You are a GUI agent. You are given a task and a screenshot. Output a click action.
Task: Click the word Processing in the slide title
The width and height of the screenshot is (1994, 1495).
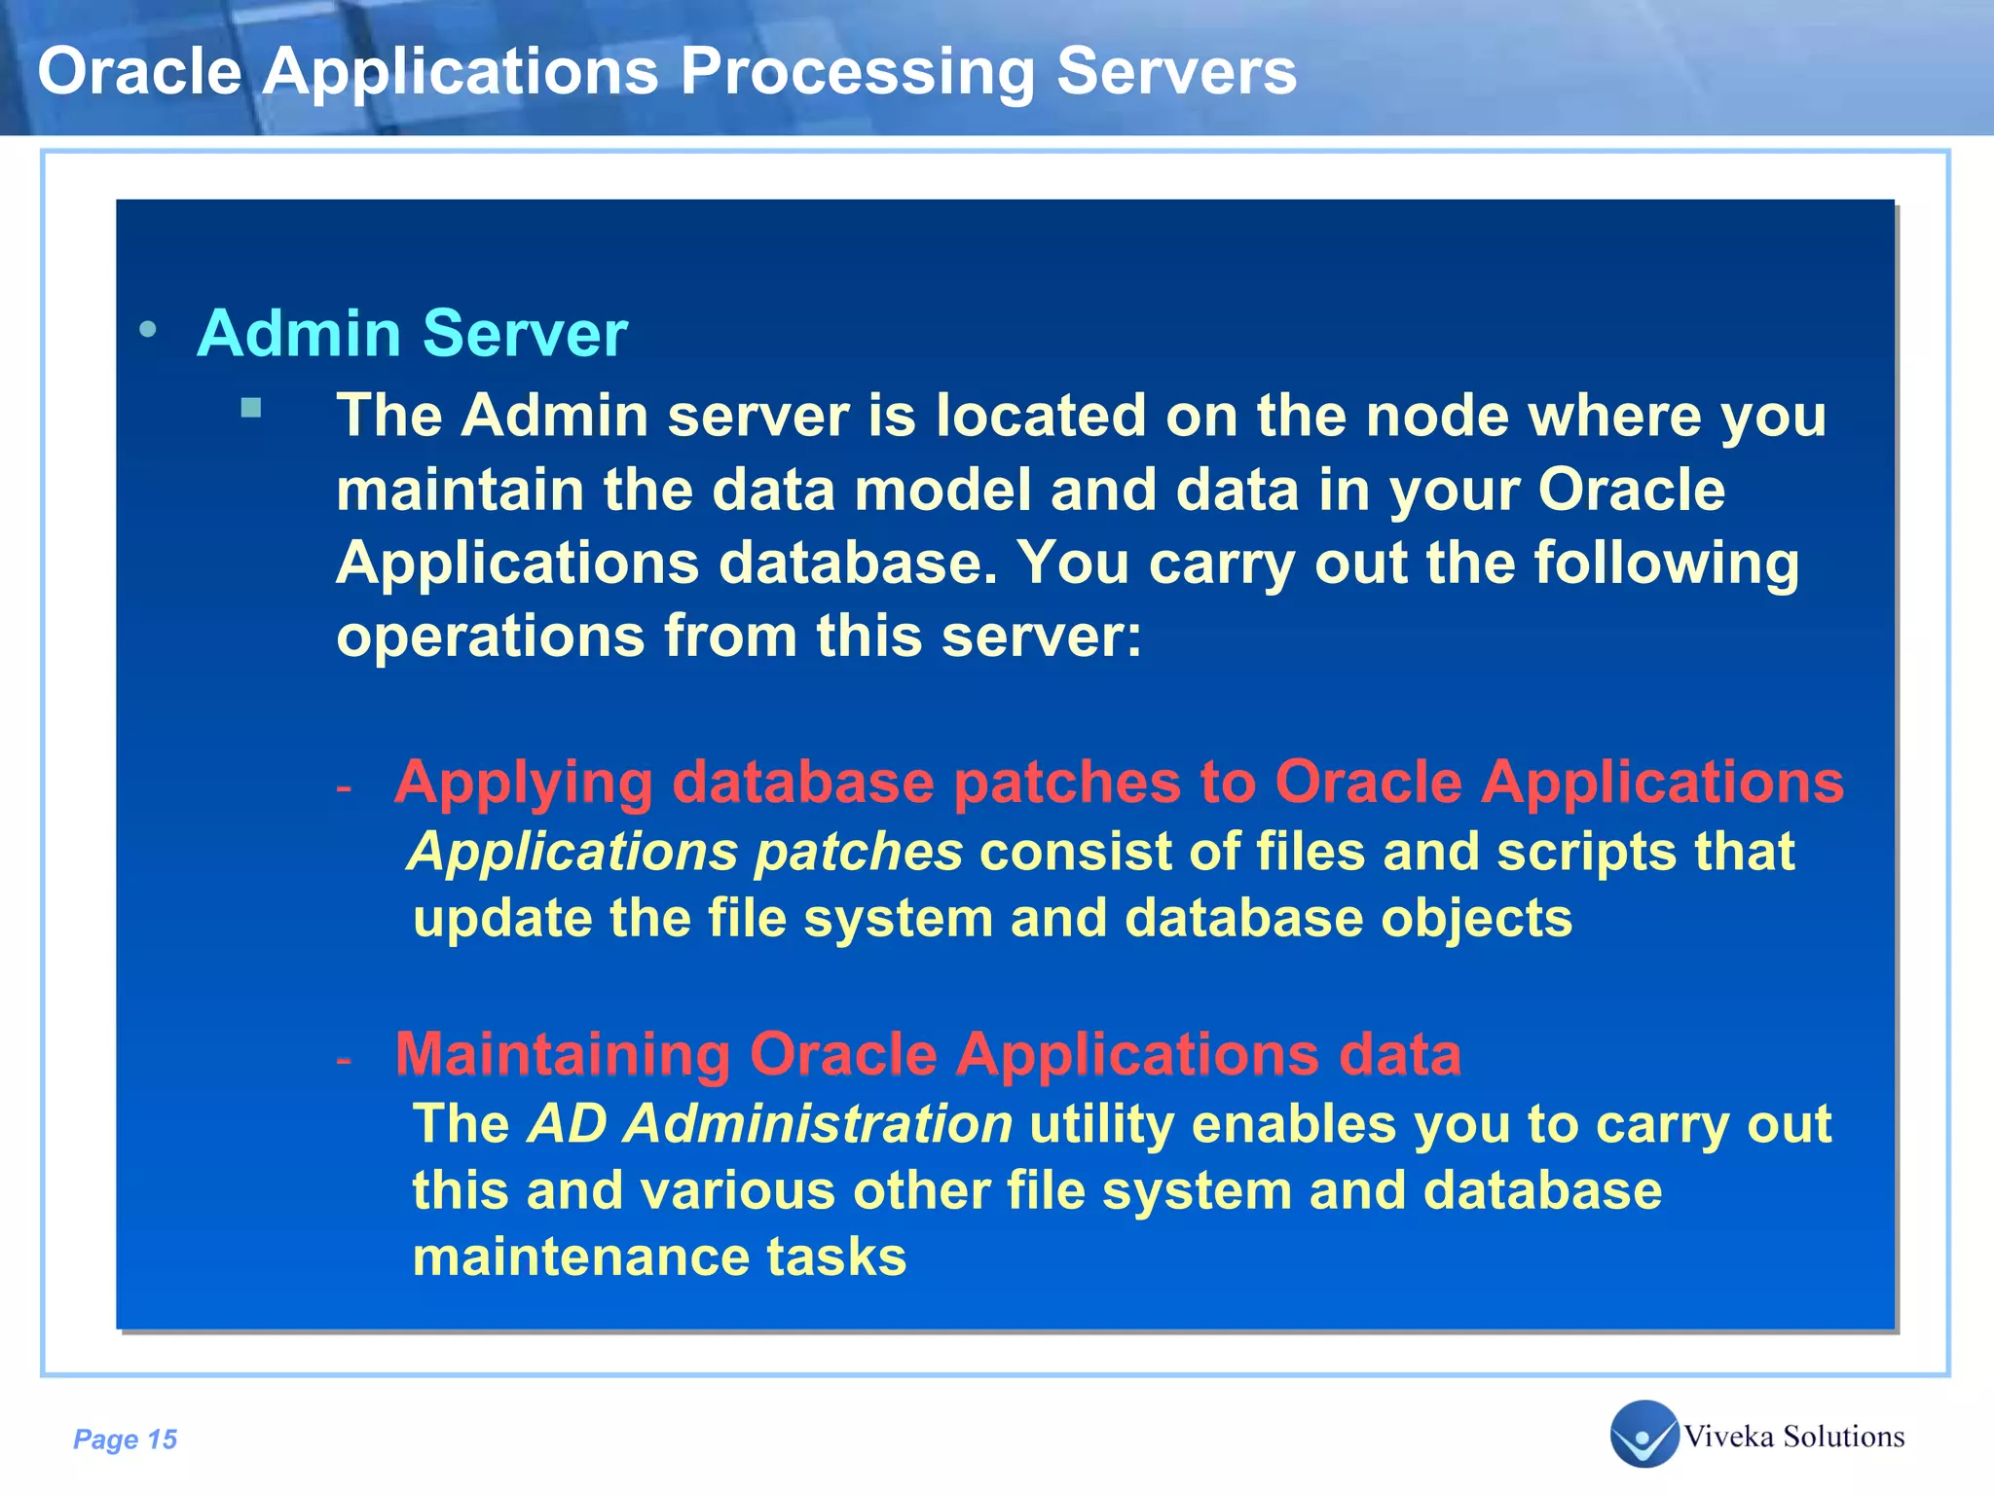tap(857, 74)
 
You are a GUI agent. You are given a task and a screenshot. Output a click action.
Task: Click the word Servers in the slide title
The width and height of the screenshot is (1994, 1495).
tap(1176, 72)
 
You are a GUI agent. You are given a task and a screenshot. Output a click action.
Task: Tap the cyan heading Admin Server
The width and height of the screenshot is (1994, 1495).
tap(412, 334)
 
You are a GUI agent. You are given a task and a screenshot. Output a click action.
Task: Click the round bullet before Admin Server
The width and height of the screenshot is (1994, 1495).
tap(148, 329)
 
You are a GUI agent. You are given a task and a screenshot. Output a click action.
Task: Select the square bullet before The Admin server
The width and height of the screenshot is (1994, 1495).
tap(251, 407)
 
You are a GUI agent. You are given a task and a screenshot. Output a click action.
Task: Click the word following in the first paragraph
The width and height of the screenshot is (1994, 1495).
tap(1666, 565)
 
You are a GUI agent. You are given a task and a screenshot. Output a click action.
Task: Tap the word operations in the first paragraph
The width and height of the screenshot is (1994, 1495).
tap(491, 638)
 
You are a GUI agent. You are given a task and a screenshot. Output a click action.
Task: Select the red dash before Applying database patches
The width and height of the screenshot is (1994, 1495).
tap(343, 786)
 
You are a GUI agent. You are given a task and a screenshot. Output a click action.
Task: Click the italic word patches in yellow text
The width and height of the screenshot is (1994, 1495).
tap(858, 854)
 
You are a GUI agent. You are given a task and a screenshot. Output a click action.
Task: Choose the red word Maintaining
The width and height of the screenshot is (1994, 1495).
tap(562, 1055)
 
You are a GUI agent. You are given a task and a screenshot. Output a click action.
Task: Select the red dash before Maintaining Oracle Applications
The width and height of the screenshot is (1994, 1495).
tap(343, 1059)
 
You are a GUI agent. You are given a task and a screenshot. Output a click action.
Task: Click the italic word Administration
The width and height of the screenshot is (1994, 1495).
tap(818, 1125)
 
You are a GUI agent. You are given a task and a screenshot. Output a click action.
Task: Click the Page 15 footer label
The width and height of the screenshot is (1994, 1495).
tap(126, 1440)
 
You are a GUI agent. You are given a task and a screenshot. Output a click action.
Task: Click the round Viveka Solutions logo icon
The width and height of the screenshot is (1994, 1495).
tap(1644, 1434)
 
